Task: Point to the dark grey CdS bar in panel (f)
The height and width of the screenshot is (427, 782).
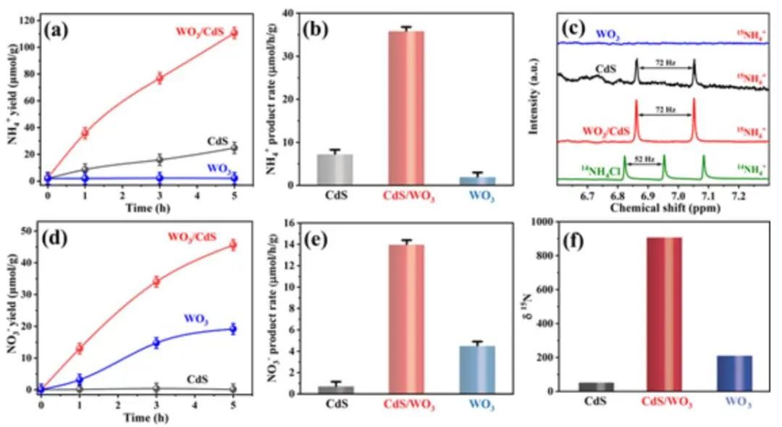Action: point(596,386)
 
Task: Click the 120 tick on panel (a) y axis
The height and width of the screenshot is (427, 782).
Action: point(30,20)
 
